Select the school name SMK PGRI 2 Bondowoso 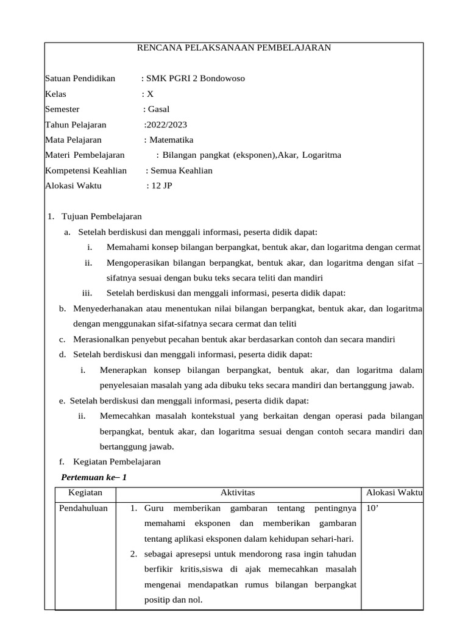click(196, 79)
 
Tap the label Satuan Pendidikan click(80, 79)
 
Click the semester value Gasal click(158, 109)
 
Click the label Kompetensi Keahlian click(86, 170)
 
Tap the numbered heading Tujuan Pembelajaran click(102, 216)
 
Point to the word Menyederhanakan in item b click(110, 308)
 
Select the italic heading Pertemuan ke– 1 click(94, 477)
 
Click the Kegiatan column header click(85, 492)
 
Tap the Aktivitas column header click(237, 492)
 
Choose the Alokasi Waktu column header click(394, 492)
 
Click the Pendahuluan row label click(83, 508)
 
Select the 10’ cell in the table click(371, 508)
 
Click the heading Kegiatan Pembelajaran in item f click(113, 461)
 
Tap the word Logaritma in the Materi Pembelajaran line click(322, 155)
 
